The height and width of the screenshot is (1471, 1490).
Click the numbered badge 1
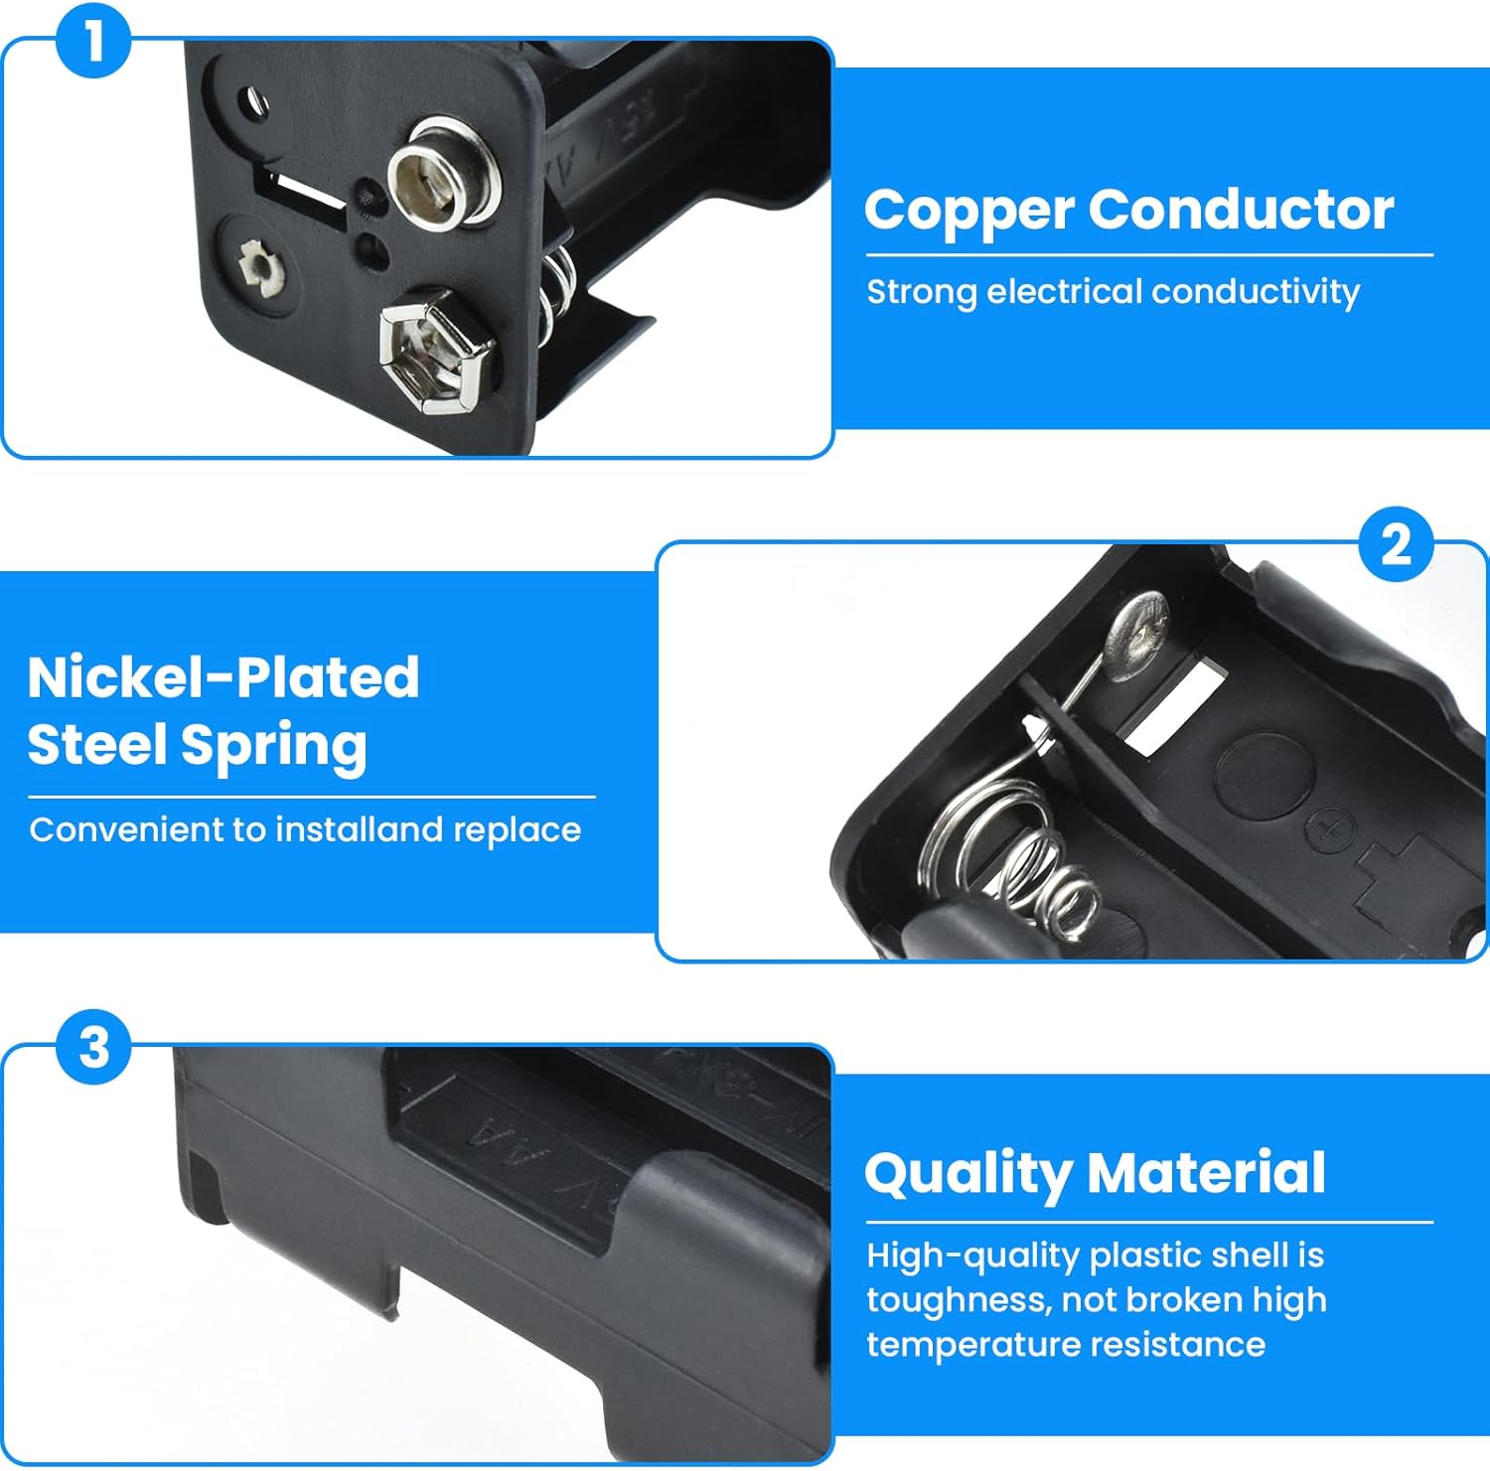[x=93, y=42]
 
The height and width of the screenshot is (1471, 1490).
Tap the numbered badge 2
[x=1396, y=544]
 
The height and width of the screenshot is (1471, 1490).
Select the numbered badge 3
[x=93, y=1048]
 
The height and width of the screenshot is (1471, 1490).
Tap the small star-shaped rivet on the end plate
[x=260, y=266]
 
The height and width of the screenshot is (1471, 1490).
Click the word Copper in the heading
[x=969, y=211]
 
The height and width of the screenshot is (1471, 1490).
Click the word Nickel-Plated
[x=223, y=677]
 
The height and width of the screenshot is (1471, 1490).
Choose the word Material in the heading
[x=1207, y=1172]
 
